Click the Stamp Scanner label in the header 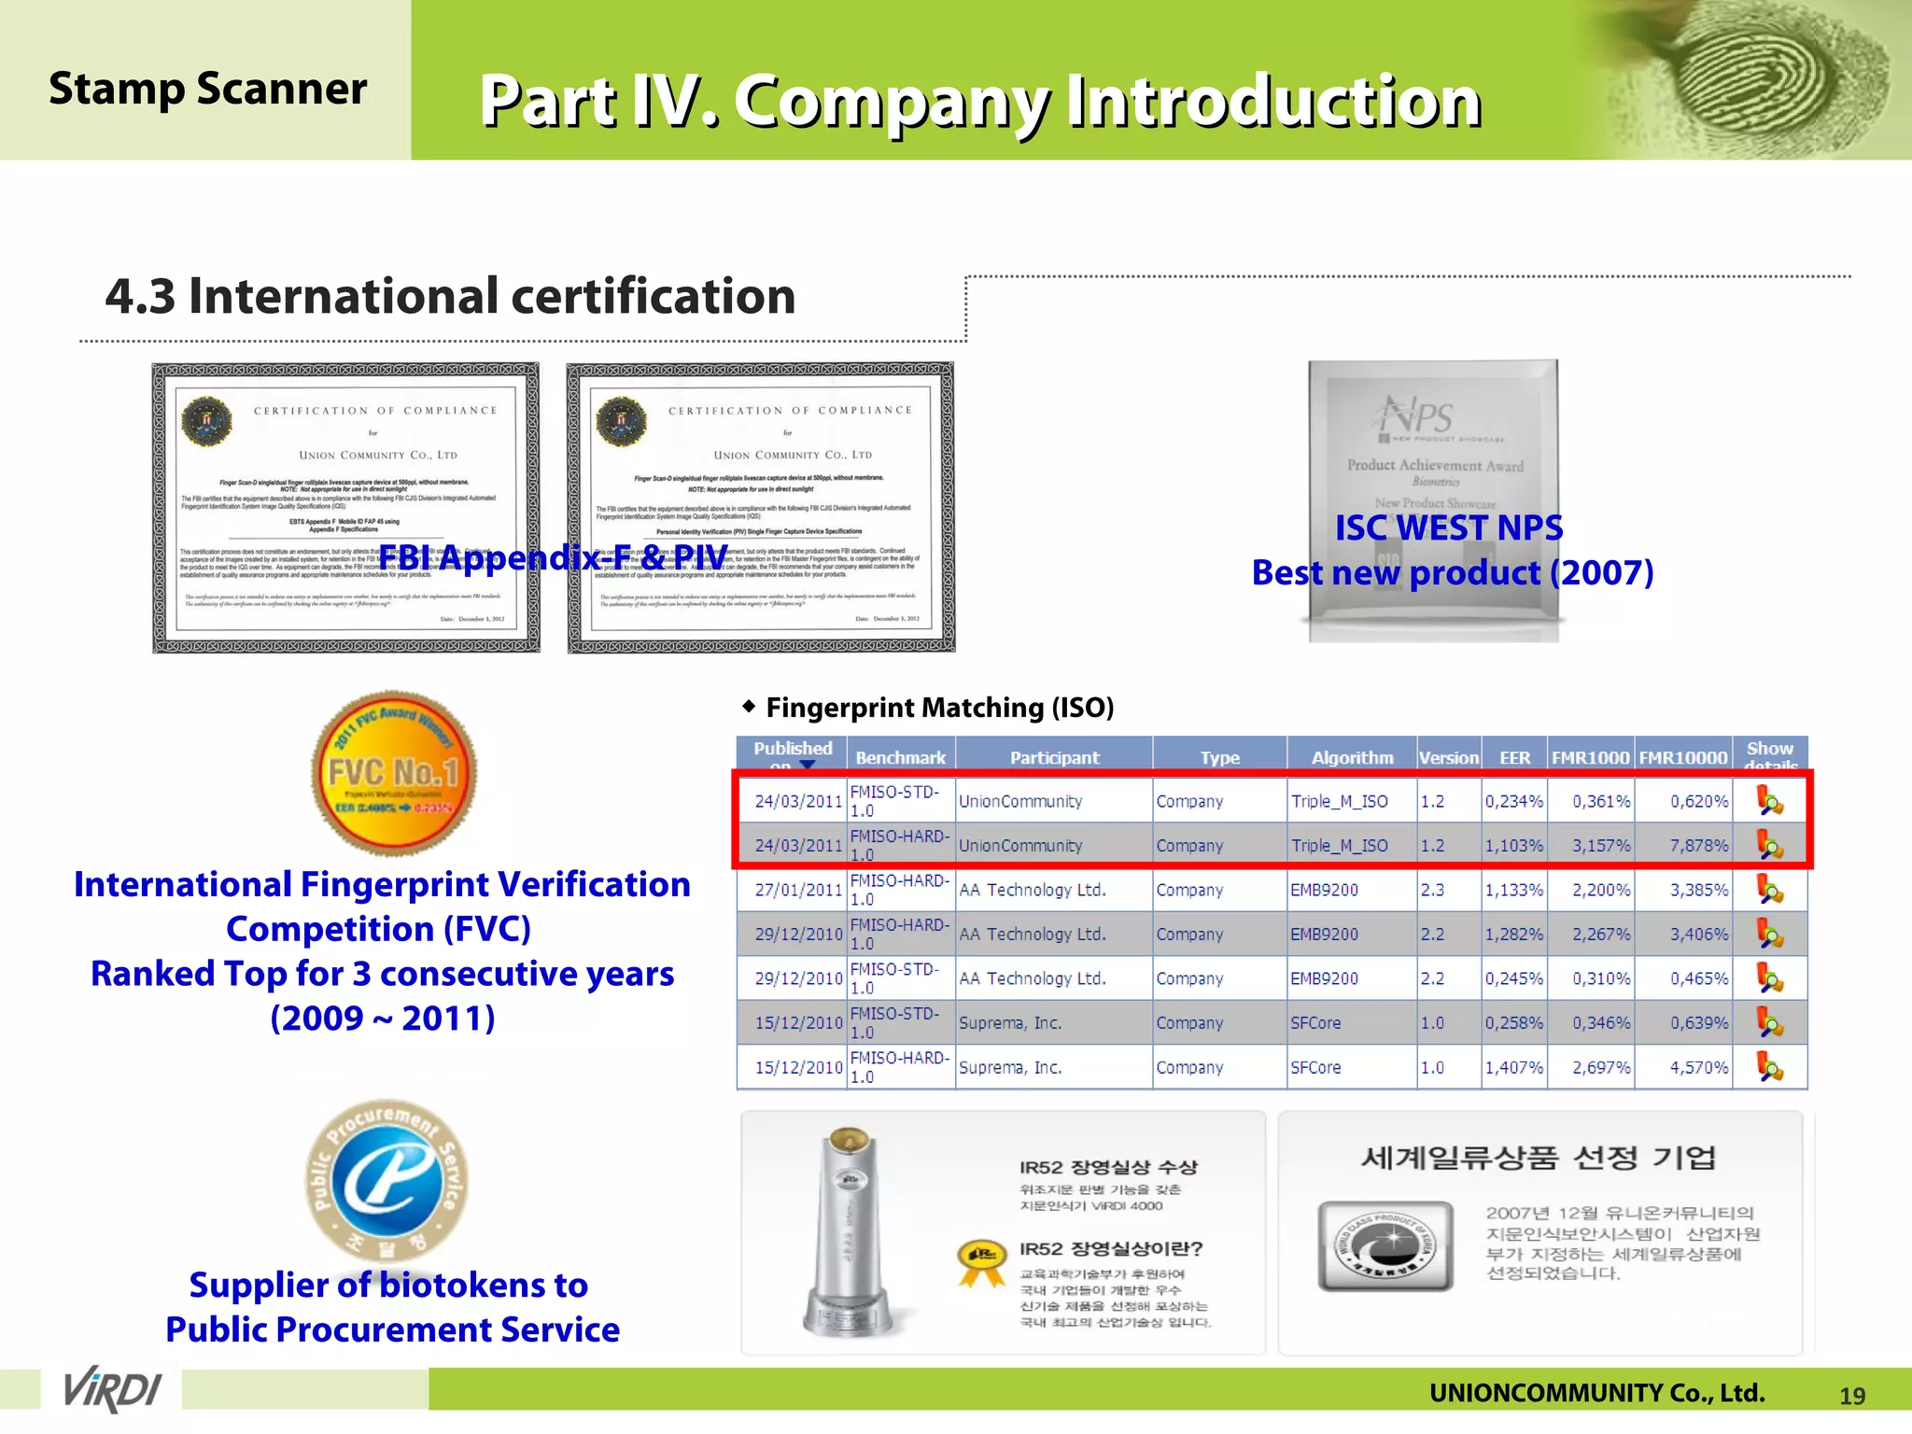(x=207, y=89)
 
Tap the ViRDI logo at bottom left (x=112, y=1389)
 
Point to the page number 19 (x=1851, y=1396)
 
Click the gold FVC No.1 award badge (x=393, y=772)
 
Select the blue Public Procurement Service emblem (x=387, y=1180)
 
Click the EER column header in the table (x=1514, y=757)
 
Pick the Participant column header (x=1054, y=757)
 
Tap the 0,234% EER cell (x=1513, y=801)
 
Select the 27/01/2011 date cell (x=798, y=890)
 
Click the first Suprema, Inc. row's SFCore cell (x=1315, y=1022)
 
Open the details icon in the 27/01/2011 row (x=1769, y=890)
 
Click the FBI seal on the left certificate (x=207, y=422)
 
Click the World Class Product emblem (x=1385, y=1245)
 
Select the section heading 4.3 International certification (x=450, y=296)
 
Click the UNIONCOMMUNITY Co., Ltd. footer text (x=1596, y=1393)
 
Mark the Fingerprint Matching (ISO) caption (x=939, y=708)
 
